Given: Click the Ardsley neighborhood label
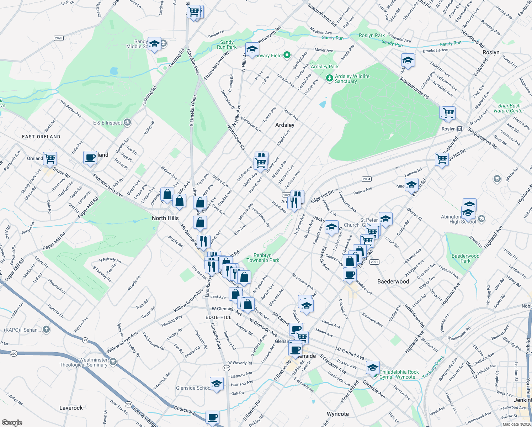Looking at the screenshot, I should pyautogui.click(x=285, y=125).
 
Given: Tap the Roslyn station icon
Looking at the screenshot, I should pyautogui.click(x=459, y=129).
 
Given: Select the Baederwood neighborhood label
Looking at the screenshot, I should pyautogui.click(x=393, y=281).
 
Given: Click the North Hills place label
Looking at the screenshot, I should pyautogui.click(x=165, y=218).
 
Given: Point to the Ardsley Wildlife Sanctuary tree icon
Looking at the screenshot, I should pyautogui.click(x=330, y=78).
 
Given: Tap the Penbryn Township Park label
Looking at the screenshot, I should pyautogui.click(x=263, y=258).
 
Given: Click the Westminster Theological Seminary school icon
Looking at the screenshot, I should pyautogui.click(x=113, y=362).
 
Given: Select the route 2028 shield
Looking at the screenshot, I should pyautogui.click(x=59, y=38).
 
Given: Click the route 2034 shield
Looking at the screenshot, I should pyautogui.click(x=366, y=179).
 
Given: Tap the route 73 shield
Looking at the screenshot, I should pyautogui.click(x=85, y=341).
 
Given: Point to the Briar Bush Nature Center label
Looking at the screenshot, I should pyautogui.click(x=509, y=108).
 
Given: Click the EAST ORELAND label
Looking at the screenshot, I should pyautogui.click(x=41, y=137).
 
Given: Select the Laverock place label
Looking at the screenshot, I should pyautogui.click(x=71, y=408).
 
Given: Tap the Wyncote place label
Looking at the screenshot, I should pyautogui.click(x=338, y=414).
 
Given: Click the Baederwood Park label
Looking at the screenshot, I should pyautogui.click(x=465, y=258).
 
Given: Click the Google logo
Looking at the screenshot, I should pyautogui.click(x=12, y=423).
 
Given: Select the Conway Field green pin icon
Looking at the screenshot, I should pyautogui.click(x=287, y=55).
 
